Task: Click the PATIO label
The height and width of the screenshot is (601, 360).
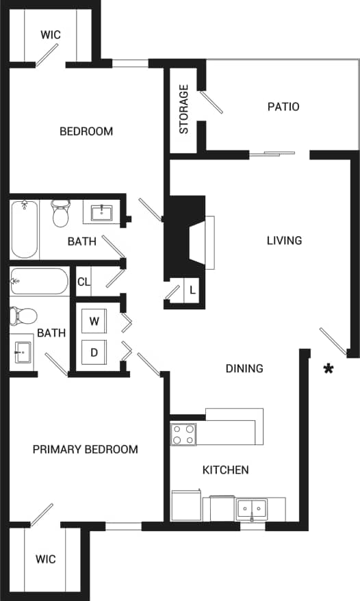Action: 283,107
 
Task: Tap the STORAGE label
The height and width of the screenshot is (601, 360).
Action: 184,109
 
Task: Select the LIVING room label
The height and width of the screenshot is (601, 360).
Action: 284,240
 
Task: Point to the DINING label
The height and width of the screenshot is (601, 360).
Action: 244,368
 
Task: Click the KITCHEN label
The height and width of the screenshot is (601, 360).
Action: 225,470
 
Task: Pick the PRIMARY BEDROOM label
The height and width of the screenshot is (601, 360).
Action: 86,450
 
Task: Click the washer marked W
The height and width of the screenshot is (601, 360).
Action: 94,321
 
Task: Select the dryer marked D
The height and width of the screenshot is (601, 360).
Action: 94,353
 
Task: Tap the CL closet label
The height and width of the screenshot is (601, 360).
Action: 83,281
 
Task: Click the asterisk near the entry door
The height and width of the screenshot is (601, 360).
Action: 329,369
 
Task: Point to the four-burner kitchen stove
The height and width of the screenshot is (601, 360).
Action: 183,434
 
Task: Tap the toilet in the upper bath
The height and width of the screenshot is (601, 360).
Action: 61,214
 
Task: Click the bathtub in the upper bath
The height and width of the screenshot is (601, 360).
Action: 25,229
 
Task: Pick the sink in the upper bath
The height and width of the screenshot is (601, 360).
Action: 102,212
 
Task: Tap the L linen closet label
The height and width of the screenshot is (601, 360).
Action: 192,290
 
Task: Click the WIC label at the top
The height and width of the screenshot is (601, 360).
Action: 50,34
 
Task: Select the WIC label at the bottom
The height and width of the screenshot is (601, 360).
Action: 47,559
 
